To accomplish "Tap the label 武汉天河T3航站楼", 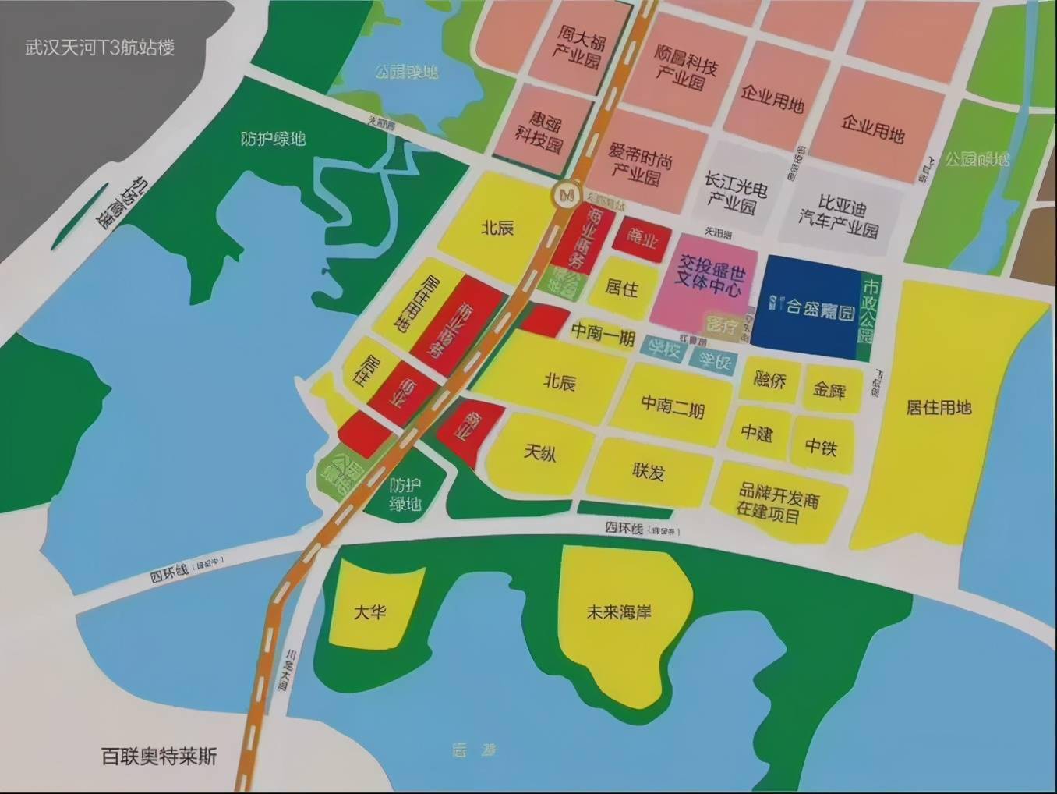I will point(100,48).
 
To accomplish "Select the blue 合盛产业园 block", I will point(808,307).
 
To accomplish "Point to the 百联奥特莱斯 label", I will point(159,756).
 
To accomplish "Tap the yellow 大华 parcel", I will point(371,611).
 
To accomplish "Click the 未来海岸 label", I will point(619,612).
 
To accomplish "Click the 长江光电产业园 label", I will point(735,193).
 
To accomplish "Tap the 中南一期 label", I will point(603,333).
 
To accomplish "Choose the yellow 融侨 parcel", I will point(769,380).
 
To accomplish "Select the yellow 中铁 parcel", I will point(821,447).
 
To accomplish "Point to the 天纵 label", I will point(539,452).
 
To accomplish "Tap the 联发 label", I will point(649,471).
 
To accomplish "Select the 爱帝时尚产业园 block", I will point(639,164).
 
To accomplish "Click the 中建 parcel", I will point(757,432).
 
